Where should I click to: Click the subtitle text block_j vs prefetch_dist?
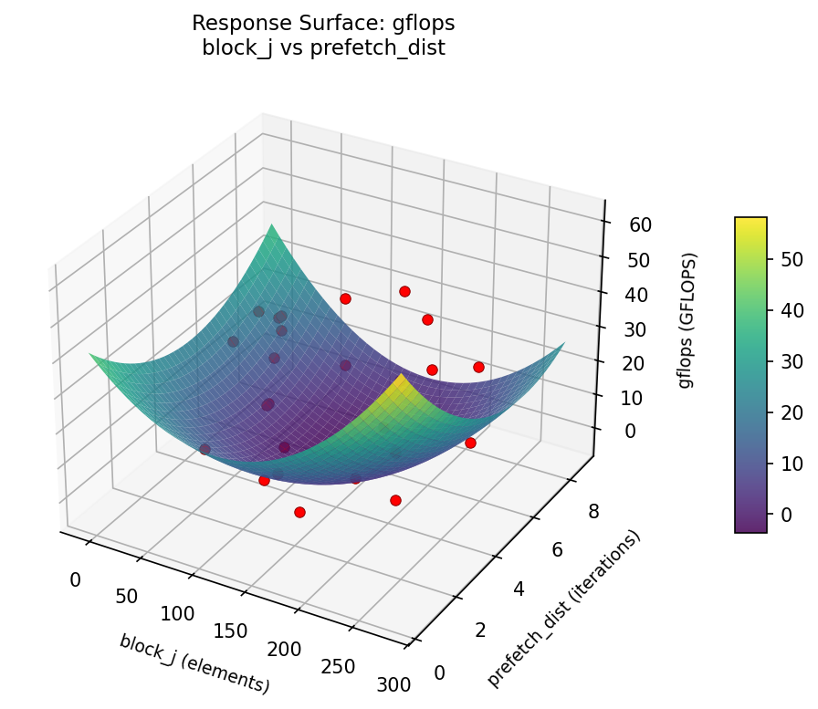pos(322,48)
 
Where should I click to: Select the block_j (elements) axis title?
pos(194,662)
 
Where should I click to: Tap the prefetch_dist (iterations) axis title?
pos(564,609)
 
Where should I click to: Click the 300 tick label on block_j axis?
pos(393,683)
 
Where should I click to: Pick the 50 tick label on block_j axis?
pos(127,597)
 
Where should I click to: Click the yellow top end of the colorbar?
pos(750,222)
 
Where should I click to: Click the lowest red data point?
pos(299,512)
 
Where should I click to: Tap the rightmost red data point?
pos(478,367)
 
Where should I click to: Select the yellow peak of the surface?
pos(401,378)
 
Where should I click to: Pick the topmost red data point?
pos(404,291)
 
